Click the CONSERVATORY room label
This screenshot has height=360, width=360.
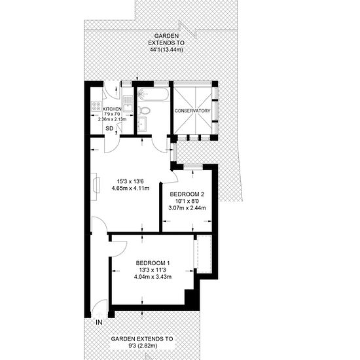(192, 111)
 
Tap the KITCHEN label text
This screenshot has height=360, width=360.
(112, 109)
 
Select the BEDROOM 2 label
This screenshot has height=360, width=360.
(187, 194)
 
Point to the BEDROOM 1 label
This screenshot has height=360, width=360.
(153, 263)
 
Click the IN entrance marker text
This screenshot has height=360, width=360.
(99, 322)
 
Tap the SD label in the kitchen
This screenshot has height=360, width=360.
(109, 128)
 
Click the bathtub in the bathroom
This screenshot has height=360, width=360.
(153, 94)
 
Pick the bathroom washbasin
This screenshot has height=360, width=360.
(142, 124)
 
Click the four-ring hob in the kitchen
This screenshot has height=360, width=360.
(96, 106)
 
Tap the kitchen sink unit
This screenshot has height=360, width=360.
(128, 104)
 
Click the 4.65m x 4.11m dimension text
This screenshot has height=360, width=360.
(130, 189)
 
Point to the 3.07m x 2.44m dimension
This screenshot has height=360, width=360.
(187, 208)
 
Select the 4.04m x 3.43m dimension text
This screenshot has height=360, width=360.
(153, 277)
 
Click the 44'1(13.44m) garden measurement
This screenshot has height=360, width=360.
(166, 50)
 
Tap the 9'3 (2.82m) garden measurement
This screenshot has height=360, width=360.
(142, 346)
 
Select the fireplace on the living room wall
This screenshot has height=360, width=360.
(95, 187)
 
